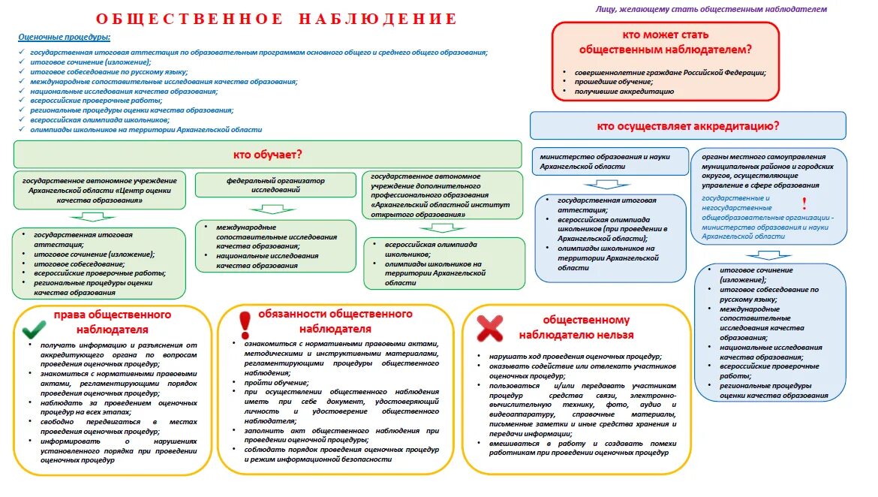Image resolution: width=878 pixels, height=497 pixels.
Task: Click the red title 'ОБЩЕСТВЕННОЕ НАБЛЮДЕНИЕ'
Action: tap(276, 19)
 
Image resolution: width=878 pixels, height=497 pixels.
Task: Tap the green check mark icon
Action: tap(34, 330)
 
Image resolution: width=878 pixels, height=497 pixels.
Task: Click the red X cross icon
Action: tap(490, 328)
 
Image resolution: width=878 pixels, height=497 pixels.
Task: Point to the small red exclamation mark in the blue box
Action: tap(804, 203)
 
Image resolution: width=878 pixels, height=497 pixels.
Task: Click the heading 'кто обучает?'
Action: tap(267, 155)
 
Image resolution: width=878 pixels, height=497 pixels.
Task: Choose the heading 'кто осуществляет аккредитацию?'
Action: tap(687, 125)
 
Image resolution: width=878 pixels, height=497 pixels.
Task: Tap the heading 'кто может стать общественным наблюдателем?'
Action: tap(665, 42)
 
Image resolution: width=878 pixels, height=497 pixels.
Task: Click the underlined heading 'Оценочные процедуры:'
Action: tap(64, 37)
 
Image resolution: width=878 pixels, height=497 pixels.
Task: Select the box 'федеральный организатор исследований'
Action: tap(275, 185)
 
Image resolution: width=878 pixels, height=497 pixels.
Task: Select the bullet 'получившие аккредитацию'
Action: tap(624, 91)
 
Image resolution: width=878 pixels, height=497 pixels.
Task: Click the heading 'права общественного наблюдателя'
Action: tap(112, 321)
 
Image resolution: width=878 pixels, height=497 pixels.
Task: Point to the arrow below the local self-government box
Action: tap(768, 255)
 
